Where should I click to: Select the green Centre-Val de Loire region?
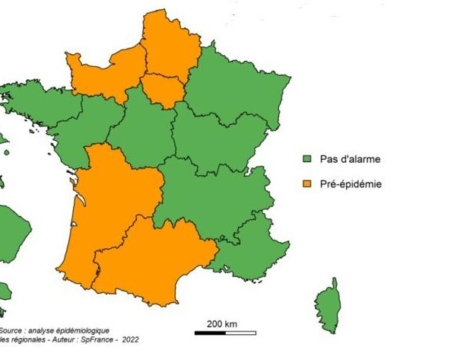[140, 130]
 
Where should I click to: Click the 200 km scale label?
[221, 323]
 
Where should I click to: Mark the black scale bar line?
[221, 333]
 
